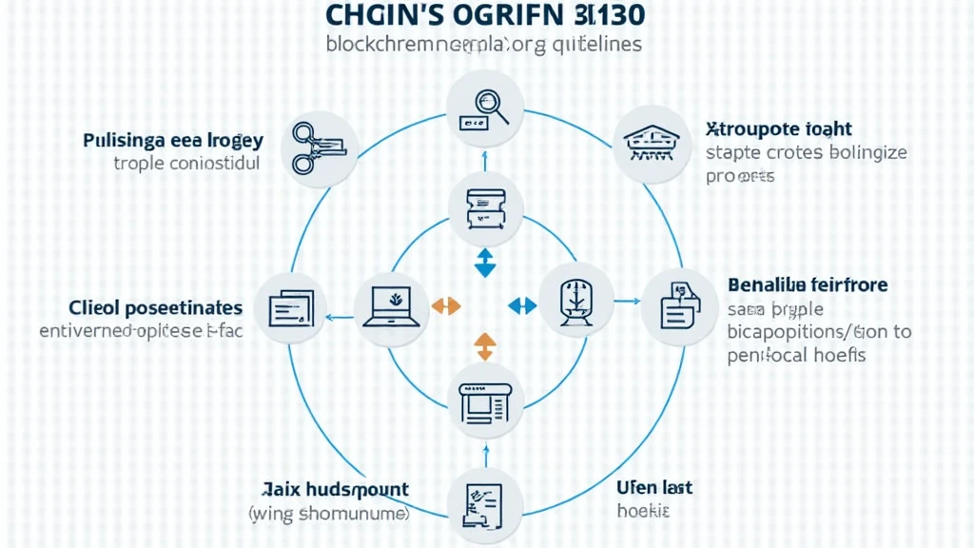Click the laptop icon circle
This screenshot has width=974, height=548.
391,304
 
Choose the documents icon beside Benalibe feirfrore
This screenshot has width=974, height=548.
679,305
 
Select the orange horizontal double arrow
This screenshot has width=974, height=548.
446,305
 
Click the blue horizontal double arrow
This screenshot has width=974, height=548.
523,305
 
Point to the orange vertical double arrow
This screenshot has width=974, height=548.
485,345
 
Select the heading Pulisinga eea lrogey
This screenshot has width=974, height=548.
172,140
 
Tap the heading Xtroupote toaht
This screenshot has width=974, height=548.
779,127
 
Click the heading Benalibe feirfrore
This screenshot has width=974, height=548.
808,284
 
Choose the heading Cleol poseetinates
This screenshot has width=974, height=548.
156,307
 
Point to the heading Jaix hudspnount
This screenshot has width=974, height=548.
334,490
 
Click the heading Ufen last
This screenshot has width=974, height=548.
654,488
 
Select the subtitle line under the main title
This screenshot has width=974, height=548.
483,44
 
